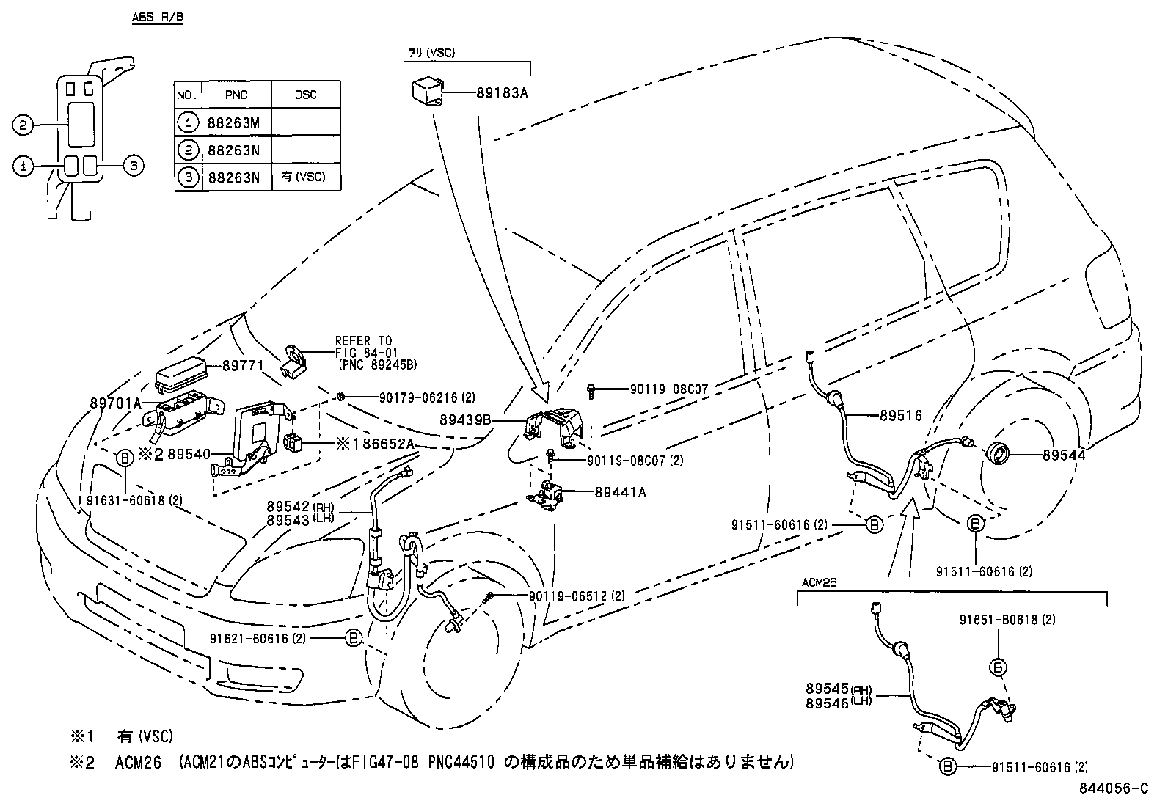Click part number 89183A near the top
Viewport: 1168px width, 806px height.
point(502,93)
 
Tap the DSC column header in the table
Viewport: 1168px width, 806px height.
point(305,95)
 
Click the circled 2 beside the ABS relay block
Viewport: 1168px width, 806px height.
point(23,125)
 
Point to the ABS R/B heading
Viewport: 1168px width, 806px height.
point(157,17)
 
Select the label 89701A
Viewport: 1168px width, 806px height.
point(115,403)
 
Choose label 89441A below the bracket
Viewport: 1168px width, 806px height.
point(621,493)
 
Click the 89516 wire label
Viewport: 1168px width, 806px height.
point(900,415)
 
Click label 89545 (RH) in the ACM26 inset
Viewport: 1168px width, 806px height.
point(836,689)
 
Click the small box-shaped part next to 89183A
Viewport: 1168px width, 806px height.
point(427,94)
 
